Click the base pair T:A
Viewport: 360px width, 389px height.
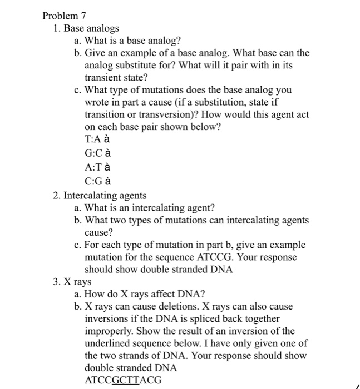point(92,139)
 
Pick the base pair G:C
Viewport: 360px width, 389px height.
point(92,153)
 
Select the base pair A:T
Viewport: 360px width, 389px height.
point(92,167)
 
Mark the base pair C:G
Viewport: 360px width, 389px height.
point(92,181)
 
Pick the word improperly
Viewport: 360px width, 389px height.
point(109,331)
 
